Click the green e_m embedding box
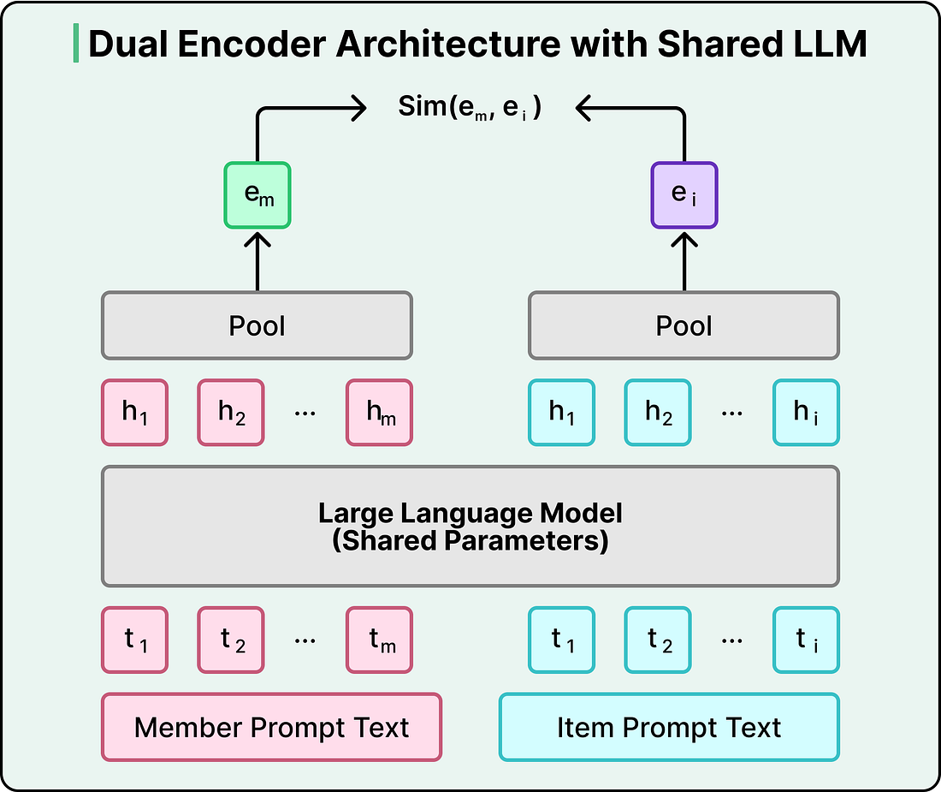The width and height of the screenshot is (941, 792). click(x=257, y=195)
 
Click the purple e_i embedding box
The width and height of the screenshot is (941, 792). click(x=684, y=195)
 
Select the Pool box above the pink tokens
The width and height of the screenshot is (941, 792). click(x=257, y=325)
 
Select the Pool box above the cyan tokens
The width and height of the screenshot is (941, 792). click(x=684, y=325)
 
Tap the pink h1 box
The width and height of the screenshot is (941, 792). click(x=135, y=413)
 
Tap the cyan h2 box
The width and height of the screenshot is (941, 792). click(x=658, y=413)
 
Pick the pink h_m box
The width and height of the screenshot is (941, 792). click(x=380, y=413)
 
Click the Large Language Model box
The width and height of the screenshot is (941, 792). click(x=470, y=526)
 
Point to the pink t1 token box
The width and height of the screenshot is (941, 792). click(x=135, y=640)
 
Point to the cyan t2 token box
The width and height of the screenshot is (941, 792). click(x=658, y=640)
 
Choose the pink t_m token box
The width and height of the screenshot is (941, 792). click(x=380, y=640)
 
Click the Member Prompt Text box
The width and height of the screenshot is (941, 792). click(x=271, y=727)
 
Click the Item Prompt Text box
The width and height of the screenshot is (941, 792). click(x=669, y=727)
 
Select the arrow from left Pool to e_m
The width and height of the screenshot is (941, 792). click(x=257, y=260)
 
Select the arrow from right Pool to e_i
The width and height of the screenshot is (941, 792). click(x=684, y=260)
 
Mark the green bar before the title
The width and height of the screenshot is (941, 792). click(x=75, y=44)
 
